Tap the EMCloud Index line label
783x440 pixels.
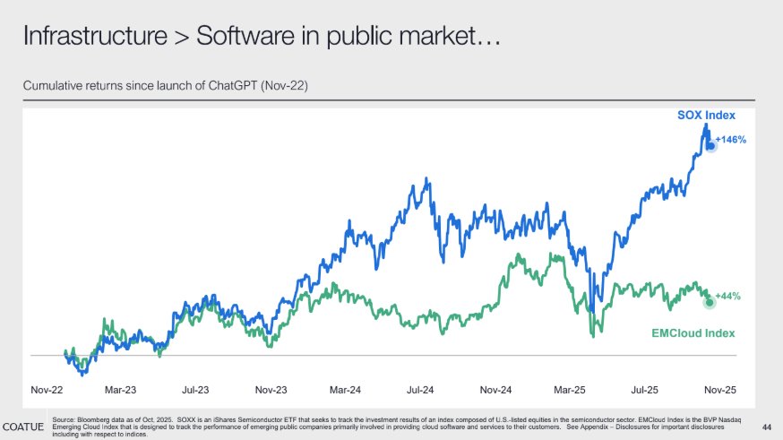[x=693, y=333]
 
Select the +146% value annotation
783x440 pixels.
[x=731, y=140]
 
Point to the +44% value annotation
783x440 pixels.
[x=727, y=296]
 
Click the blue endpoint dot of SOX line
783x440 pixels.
[x=710, y=144]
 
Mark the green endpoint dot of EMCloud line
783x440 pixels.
[x=710, y=302]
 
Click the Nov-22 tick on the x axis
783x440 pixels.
[x=47, y=391]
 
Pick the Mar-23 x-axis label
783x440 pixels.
[x=121, y=391]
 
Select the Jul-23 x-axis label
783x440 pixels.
[x=195, y=391]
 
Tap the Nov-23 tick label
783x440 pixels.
[x=271, y=391]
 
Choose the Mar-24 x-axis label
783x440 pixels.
[x=345, y=391]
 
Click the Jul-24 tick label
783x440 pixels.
[x=420, y=391]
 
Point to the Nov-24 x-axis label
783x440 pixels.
[x=495, y=391]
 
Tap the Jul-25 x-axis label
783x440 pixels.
[x=644, y=391]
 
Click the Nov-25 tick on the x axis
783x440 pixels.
[x=718, y=391]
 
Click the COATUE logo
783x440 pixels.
[x=24, y=426]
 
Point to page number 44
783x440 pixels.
[x=765, y=426]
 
